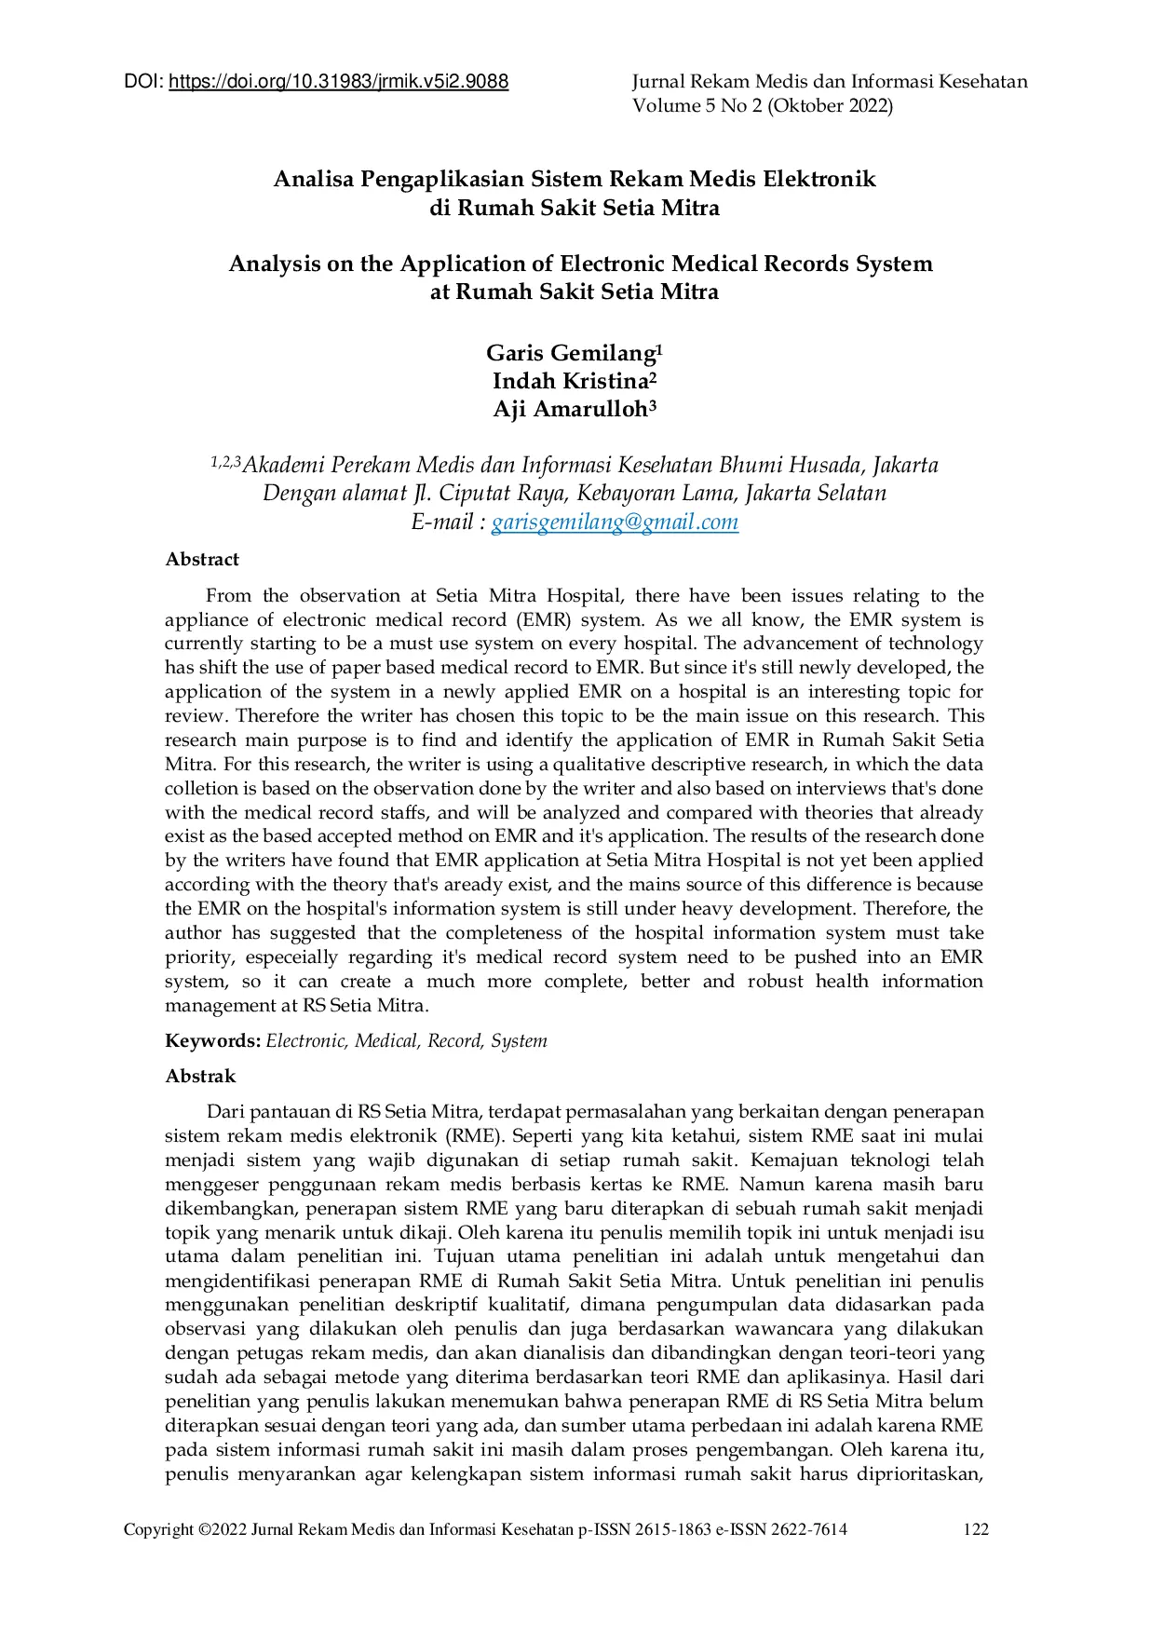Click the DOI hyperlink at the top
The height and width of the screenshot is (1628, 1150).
338,82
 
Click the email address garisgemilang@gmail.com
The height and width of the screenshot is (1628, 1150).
615,522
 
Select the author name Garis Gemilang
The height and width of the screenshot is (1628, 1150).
570,354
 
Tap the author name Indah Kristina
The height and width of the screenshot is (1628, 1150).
570,382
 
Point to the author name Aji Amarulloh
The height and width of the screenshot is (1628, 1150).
570,410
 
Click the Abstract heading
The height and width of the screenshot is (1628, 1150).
202,560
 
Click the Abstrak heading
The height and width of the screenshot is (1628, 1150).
200,1077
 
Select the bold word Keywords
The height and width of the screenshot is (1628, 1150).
212,1041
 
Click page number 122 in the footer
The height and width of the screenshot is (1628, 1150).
976,1529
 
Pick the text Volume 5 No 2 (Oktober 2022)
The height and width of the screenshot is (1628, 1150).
763,106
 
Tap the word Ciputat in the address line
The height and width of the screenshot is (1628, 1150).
472,494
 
